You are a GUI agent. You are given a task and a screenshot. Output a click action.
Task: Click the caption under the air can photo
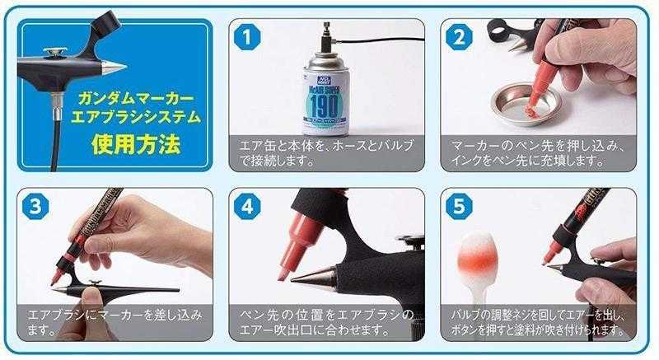tap(325, 153)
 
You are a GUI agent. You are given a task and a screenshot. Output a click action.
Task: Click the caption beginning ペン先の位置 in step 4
tap(325, 323)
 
